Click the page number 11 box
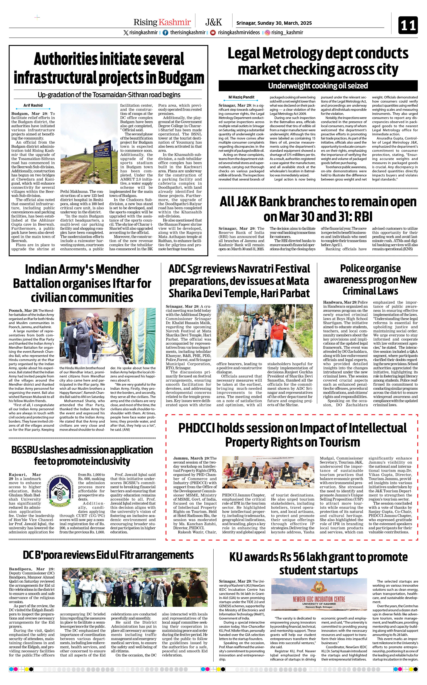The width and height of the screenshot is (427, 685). coord(408,25)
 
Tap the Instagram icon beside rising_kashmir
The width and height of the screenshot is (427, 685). coord(267,33)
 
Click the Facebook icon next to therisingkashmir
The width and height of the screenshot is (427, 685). coord(165,33)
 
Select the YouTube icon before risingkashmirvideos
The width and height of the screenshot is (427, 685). coord(213,33)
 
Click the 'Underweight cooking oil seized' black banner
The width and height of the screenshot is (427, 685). coord(318,86)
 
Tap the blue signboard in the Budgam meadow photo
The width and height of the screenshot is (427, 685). coord(102,150)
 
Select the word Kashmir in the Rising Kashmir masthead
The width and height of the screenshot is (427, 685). coord(174,22)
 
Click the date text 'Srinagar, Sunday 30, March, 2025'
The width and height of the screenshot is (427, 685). coord(274,23)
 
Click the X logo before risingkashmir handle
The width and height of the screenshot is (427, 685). coord(126,33)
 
